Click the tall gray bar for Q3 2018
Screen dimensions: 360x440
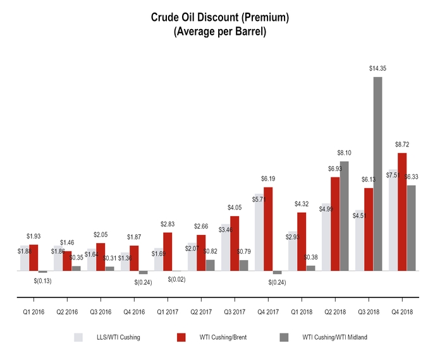click(x=377, y=174)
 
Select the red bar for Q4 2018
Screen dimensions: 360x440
click(x=402, y=212)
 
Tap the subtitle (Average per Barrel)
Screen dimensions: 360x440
click(x=219, y=32)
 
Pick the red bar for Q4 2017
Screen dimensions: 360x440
click(x=269, y=229)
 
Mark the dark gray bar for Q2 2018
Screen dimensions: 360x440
click(x=345, y=216)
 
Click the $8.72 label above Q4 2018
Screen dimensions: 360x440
click(x=402, y=145)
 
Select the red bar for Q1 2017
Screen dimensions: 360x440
click(x=168, y=251)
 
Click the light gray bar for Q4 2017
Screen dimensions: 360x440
click(x=259, y=232)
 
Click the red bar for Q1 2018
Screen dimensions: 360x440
click(x=302, y=241)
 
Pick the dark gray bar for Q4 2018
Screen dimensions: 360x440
click(x=412, y=228)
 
